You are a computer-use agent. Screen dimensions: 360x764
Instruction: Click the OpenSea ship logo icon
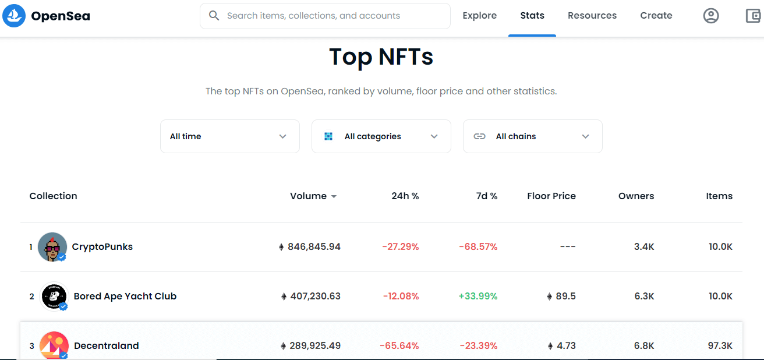(x=14, y=16)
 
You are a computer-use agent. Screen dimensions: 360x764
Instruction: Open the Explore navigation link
(x=479, y=16)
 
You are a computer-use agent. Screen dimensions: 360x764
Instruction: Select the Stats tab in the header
(x=532, y=16)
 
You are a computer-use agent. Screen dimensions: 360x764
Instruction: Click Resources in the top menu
(x=592, y=16)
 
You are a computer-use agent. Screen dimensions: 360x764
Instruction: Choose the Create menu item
(x=656, y=16)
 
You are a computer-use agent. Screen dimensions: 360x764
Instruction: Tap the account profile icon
(x=710, y=16)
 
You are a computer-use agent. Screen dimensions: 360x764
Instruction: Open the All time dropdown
(x=229, y=136)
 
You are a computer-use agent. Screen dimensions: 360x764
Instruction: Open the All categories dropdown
(x=381, y=136)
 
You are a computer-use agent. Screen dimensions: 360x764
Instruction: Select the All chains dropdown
(x=532, y=136)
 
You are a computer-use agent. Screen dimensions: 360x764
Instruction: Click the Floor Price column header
(x=551, y=196)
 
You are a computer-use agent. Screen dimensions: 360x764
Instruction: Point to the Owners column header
(x=636, y=196)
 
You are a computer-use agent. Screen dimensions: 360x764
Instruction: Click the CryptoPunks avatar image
(x=52, y=247)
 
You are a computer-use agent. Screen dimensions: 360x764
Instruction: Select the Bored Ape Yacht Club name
(x=125, y=297)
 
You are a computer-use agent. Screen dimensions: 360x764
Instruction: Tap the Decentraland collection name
(x=106, y=346)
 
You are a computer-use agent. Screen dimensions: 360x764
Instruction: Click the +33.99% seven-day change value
(x=477, y=297)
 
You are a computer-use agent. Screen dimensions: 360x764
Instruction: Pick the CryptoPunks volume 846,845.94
(x=313, y=247)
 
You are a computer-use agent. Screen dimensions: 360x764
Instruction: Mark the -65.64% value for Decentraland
(x=399, y=346)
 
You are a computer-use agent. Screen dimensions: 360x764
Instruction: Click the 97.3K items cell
(x=720, y=346)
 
